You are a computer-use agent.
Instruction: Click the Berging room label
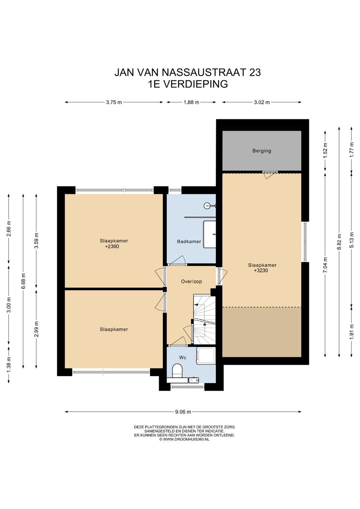click(262, 151)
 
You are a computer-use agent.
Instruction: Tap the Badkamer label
click(189, 241)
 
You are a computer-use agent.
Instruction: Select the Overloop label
click(191, 281)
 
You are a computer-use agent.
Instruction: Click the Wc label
click(183, 358)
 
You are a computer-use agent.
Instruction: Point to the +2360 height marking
click(112, 246)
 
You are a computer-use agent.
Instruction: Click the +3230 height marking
click(261, 271)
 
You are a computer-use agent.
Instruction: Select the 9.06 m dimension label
click(183, 412)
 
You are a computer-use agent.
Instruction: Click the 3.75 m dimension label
click(114, 102)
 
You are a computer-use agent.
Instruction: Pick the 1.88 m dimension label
click(191, 102)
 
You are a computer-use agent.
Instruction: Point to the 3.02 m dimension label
click(262, 102)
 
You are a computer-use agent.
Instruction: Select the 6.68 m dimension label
click(23, 281)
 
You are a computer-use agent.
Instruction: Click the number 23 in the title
click(255, 72)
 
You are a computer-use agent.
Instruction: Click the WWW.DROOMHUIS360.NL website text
click(186, 446)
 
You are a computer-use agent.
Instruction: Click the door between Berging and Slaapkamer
click(270, 174)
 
